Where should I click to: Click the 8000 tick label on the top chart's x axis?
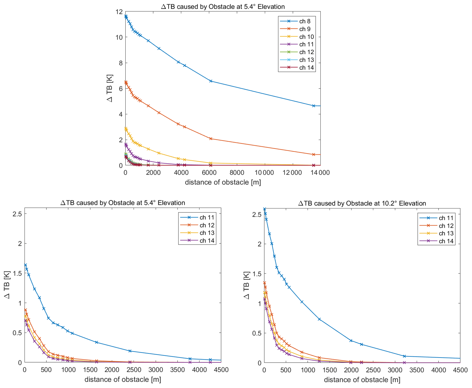[x=236, y=172]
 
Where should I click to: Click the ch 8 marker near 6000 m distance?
[x=211, y=81]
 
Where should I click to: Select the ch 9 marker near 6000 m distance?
[x=211, y=138]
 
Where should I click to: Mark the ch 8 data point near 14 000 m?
[x=314, y=106]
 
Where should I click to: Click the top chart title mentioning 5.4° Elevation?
[x=223, y=6]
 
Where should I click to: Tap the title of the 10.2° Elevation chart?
[x=362, y=203]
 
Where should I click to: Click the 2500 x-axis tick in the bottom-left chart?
[x=134, y=370]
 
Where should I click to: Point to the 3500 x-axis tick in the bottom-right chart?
[x=417, y=370]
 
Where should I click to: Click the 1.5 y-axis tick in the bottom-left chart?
[x=17, y=273]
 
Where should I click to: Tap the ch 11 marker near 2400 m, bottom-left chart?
[x=130, y=351]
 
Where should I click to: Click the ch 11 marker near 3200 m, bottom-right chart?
[x=404, y=356]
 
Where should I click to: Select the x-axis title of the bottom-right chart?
[x=362, y=380]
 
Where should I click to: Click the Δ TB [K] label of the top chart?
[x=110, y=88]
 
